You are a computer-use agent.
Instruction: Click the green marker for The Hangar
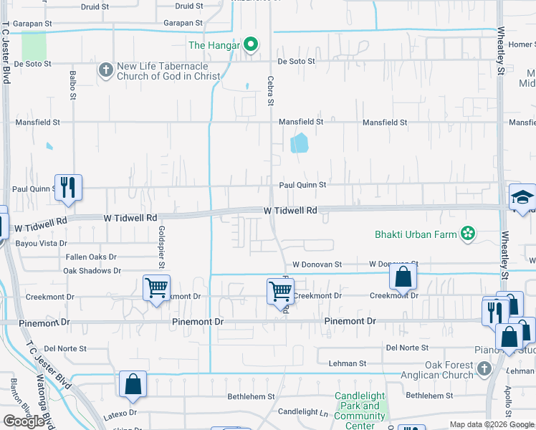coord(250,45)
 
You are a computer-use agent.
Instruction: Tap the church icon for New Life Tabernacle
coord(106,70)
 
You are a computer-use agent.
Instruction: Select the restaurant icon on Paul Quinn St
coord(68,187)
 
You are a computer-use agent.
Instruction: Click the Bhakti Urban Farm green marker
coord(468,234)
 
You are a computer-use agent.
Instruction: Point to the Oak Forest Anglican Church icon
coord(484,368)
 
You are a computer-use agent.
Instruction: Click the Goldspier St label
coord(162,247)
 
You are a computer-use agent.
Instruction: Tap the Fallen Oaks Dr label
coord(91,257)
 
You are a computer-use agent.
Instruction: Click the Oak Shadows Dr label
coord(92,271)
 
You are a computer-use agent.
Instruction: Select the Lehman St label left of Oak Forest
coord(348,363)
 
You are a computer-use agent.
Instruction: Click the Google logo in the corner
coord(24,421)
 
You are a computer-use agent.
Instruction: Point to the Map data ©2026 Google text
coord(491,424)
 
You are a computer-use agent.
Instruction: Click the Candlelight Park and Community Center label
coord(360,411)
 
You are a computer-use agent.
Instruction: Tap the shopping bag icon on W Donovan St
coord(403,277)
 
